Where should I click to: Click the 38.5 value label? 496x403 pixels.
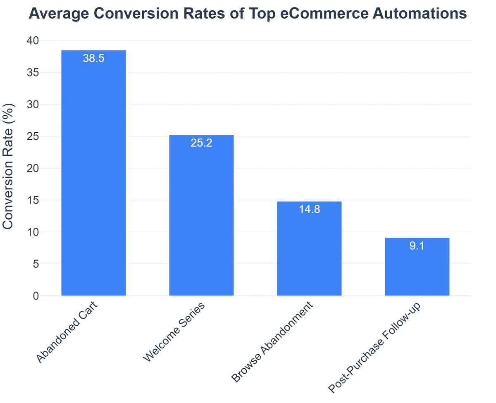tap(93, 58)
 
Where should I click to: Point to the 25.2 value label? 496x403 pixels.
tap(201, 143)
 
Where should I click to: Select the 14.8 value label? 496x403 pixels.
tap(309, 210)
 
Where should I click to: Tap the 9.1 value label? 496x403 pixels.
tap(417, 246)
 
